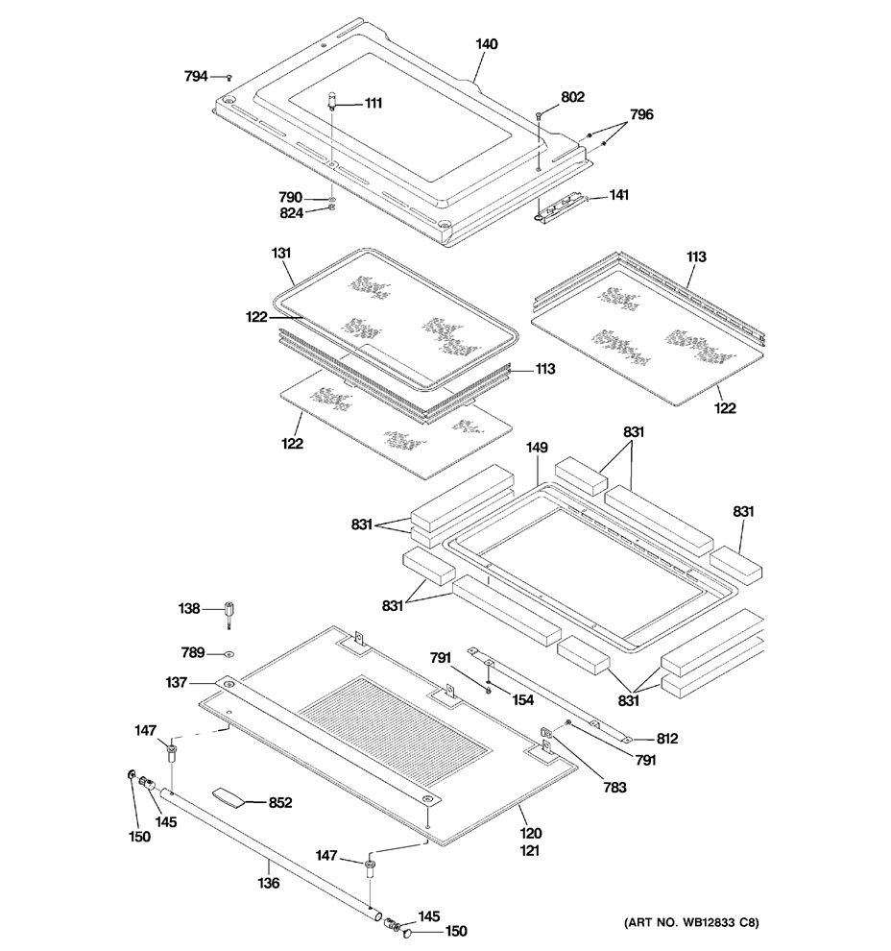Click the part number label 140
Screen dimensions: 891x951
tap(486, 43)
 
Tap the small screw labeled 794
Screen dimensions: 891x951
tap(229, 77)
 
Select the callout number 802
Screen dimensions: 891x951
tap(573, 97)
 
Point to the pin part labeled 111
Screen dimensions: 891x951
tap(332, 100)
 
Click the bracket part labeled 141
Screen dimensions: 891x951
tap(562, 208)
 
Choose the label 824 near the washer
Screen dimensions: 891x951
tap(291, 213)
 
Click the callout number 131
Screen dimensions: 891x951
tap(281, 253)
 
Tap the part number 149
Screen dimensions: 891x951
tap(537, 448)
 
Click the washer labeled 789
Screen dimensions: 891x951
tap(229, 654)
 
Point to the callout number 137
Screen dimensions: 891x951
tap(177, 682)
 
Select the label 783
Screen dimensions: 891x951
tap(614, 788)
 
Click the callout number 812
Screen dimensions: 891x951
tap(666, 739)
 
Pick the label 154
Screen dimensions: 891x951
tap(522, 700)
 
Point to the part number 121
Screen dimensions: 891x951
tap(529, 850)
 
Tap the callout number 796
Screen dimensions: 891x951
tap(642, 114)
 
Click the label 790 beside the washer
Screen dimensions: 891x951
tap(290, 197)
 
